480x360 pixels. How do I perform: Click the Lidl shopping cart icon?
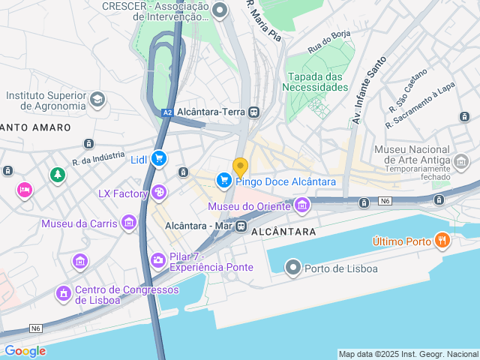[x=158, y=158]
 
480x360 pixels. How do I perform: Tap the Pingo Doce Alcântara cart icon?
[x=223, y=180]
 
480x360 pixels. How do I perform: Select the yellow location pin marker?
[x=240, y=166]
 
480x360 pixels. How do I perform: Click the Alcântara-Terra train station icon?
[x=255, y=112]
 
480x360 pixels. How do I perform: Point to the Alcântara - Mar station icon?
[x=241, y=225]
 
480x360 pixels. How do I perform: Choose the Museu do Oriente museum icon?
[x=302, y=205]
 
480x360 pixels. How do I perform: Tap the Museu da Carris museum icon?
[x=129, y=223]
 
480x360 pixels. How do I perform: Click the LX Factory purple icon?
[x=159, y=193]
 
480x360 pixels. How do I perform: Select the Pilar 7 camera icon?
[x=158, y=260]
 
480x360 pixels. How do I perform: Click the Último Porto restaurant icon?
[x=442, y=241]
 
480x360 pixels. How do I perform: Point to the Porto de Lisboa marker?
[x=292, y=268]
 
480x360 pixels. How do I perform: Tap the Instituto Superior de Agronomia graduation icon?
[x=97, y=99]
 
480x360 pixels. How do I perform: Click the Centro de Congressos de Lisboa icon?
[x=64, y=292]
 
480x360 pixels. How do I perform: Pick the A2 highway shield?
[x=168, y=112]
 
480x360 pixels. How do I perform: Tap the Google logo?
[x=25, y=351]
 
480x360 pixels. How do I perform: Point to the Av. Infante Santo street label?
[x=368, y=90]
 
